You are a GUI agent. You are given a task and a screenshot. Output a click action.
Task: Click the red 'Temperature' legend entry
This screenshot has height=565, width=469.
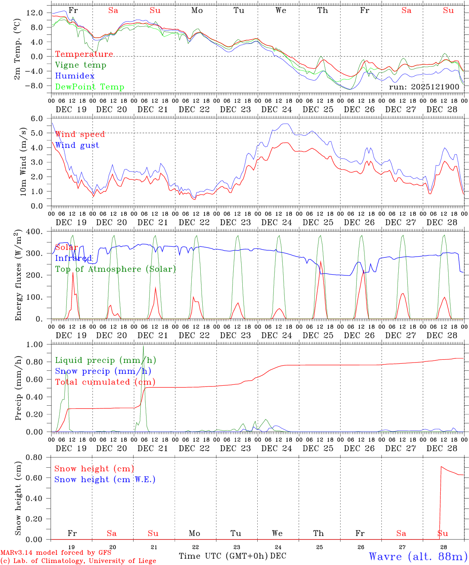point(84,54)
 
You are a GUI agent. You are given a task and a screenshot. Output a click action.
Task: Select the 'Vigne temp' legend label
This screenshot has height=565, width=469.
point(81,65)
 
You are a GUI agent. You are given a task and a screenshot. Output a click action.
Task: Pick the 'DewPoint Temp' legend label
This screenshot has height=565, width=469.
point(90,87)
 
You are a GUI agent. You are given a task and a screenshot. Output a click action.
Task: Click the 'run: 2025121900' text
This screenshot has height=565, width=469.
point(424,87)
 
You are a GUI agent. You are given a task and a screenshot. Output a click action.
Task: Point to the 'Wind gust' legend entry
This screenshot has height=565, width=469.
point(77,145)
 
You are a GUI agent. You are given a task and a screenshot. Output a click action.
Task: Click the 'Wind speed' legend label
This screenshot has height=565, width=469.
point(80,134)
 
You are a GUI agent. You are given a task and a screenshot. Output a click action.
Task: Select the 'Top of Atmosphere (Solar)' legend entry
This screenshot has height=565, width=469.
point(115,269)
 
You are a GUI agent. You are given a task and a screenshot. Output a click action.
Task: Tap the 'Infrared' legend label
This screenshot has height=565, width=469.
point(73,258)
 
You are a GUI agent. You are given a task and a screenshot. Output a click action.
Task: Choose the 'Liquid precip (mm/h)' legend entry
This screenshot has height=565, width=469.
point(105,360)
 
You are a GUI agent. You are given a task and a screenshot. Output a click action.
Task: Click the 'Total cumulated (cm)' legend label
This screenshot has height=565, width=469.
point(105,382)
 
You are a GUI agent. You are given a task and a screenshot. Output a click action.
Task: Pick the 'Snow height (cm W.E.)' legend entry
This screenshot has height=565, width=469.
point(104,479)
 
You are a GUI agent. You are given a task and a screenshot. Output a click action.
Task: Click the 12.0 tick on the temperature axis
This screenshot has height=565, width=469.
point(35,13)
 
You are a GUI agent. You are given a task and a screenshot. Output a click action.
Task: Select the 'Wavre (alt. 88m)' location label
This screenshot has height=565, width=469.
point(418,556)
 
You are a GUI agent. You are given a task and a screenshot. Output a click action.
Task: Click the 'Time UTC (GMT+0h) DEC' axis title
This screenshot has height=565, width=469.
point(232,556)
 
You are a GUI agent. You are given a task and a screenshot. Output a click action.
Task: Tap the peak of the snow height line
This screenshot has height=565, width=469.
point(441,467)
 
